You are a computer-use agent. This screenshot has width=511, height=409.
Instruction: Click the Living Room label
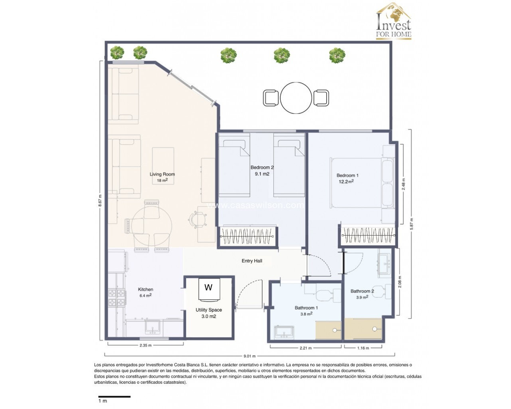click(162, 174)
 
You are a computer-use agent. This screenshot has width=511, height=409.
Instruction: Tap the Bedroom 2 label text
click(262, 167)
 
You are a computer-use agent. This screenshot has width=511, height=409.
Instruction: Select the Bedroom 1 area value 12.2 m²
click(346, 182)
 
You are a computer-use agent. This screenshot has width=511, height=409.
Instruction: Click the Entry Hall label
click(252, 261)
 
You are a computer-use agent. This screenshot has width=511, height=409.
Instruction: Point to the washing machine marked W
click(209, 289)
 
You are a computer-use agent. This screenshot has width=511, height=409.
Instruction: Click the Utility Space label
click(209, 310)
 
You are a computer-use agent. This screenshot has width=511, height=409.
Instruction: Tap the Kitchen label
click(146, 290)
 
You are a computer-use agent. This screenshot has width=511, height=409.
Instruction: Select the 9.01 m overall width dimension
click(250, 356)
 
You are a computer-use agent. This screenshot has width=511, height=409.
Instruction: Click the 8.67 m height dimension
click(100, 201)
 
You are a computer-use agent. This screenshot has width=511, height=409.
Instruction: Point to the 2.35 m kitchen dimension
click(146, 345)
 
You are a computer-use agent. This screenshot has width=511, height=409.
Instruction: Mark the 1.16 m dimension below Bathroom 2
click(363, 348)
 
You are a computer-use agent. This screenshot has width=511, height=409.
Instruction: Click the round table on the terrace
click(296, 98)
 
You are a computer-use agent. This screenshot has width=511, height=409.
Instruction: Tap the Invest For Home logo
click(394, 21)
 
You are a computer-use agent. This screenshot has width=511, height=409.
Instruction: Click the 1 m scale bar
click(115, 397)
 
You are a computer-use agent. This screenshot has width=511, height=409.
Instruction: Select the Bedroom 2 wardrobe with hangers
click(247, 236)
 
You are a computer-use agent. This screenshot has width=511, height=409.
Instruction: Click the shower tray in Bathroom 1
click(329, 330)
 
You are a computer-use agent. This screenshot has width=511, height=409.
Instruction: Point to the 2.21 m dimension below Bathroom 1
click(306, 348)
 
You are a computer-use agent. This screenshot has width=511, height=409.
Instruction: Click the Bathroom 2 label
click(362, 291)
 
